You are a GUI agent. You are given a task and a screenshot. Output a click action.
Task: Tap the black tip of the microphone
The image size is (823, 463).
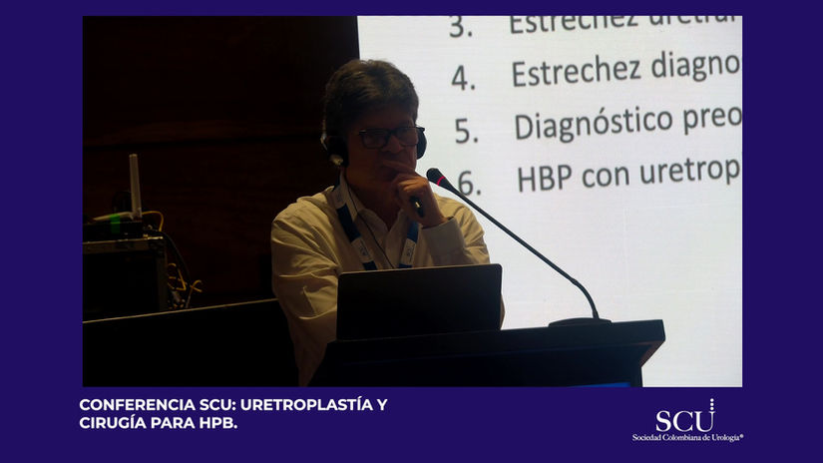[436, 177]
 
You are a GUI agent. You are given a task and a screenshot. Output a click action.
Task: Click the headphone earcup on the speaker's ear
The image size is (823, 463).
[334, 150]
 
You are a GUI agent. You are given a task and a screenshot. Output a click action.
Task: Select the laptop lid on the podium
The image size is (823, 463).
[418, 301]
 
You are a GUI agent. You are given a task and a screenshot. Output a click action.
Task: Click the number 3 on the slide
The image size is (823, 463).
[460, 27]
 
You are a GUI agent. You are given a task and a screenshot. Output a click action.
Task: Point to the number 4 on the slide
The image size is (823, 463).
[463, 78]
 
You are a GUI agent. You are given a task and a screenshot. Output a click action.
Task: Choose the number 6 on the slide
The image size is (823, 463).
[469, 184]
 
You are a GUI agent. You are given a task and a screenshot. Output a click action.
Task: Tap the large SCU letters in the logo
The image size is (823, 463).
[684, 419]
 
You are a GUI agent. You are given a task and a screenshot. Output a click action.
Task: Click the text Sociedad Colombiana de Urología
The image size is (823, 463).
[687, 437]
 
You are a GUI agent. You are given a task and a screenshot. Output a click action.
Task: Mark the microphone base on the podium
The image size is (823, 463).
[580, 321]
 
